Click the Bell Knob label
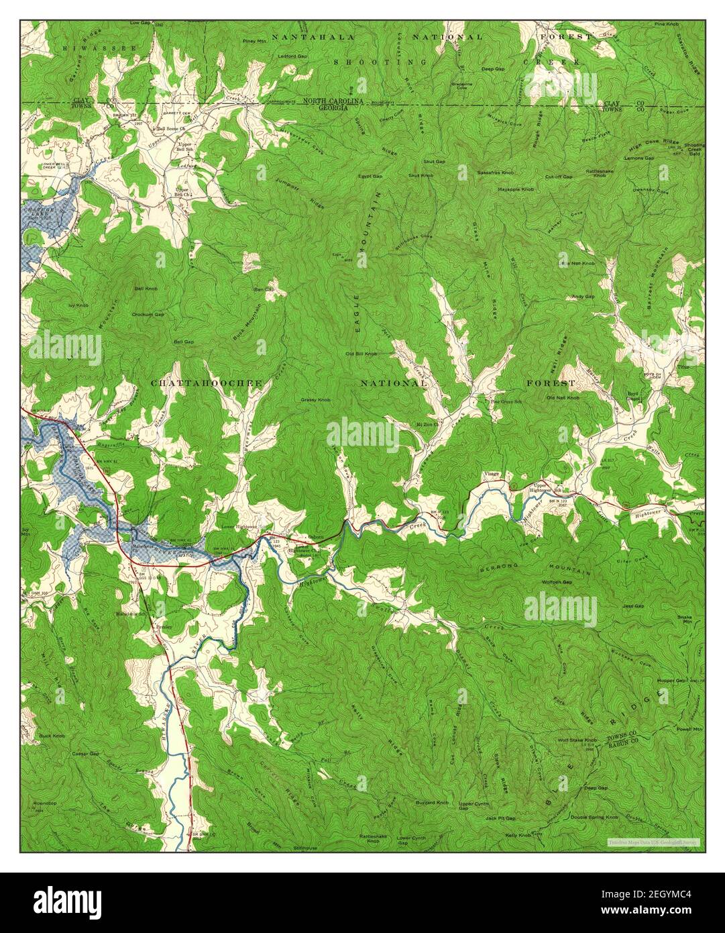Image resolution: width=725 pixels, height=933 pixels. click(146, 288)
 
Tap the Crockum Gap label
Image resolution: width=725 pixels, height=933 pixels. click(148, 313)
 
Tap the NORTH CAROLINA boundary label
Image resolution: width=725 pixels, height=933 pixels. click(333, 101)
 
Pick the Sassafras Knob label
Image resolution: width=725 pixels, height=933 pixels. click(495, 173)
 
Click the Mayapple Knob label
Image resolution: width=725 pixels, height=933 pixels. click(515, 190)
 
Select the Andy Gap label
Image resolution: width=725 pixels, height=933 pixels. click(583, 296)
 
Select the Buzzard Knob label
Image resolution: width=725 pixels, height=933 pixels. click(432, 803)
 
